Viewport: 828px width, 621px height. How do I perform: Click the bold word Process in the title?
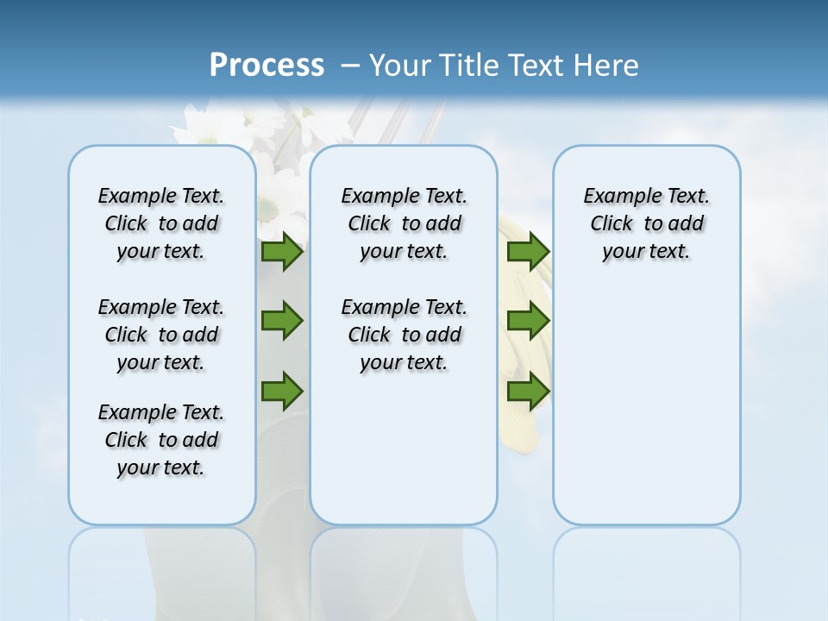(x=267, y=66)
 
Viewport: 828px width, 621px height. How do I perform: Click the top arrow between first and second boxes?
(x=282, y=252)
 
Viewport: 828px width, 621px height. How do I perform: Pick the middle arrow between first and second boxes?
(x=282, y=322)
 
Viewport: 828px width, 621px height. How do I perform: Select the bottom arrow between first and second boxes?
(x=282, y=391)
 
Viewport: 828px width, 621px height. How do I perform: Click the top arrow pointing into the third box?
(x=528, y=252)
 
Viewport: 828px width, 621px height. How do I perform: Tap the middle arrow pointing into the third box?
(x=528, y=322)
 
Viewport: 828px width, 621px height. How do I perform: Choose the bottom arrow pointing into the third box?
(x=528, y=391)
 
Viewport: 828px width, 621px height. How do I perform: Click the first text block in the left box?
(x=161, y=223)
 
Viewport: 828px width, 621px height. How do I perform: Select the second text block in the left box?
(x=161, y=335)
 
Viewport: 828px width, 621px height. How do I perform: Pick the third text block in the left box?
(x=161, y=440)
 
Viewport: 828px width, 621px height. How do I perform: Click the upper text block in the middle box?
(x=404, y=223)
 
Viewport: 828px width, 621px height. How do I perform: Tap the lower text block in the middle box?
(x=404, y=335)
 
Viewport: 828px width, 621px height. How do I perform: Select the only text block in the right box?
(x=646, y=223)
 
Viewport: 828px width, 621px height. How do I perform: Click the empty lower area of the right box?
(x=646, y=405)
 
